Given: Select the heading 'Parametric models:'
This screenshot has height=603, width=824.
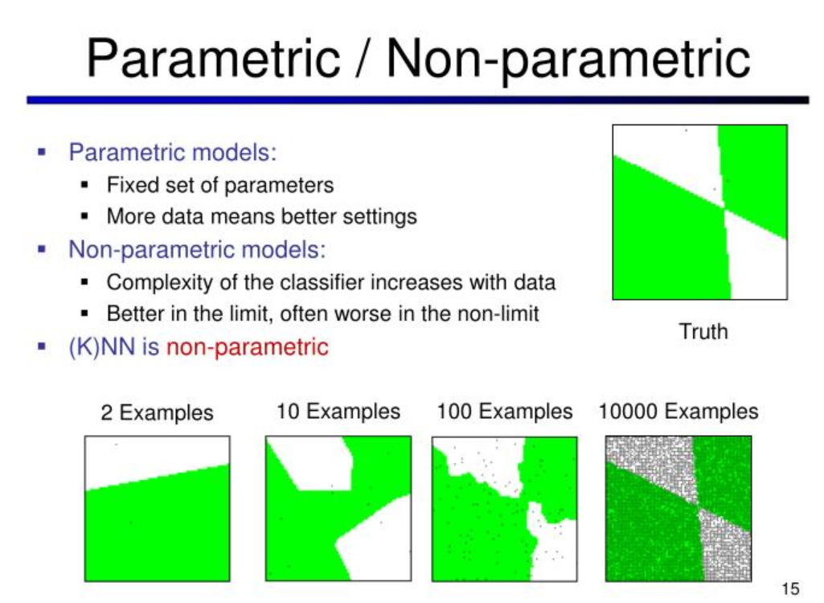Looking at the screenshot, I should point(172,151).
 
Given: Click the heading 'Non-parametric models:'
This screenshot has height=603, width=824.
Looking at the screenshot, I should point(197,249).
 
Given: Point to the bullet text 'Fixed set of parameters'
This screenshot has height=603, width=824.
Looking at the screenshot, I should point(219,185).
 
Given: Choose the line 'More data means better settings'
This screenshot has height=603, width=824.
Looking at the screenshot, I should point(261,216).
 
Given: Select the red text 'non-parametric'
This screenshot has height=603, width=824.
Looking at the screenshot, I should point(247,347).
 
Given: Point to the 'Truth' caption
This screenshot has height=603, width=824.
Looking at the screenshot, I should point(703,331).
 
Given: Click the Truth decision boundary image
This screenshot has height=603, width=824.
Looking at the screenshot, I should point(699,212).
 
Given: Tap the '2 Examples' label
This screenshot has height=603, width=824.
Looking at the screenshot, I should point(157,412).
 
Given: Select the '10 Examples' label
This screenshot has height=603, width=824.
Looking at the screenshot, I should point(338,412).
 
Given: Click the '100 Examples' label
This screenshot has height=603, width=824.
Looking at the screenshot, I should point(504,412).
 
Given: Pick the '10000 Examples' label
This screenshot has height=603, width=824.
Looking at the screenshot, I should point(678,412).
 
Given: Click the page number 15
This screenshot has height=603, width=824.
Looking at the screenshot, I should point(789,589).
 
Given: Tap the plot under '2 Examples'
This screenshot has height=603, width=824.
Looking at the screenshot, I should point(158,508).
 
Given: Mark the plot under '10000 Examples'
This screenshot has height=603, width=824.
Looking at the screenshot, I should point(678,508).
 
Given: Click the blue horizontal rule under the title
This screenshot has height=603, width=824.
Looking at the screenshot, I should point(417,100).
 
